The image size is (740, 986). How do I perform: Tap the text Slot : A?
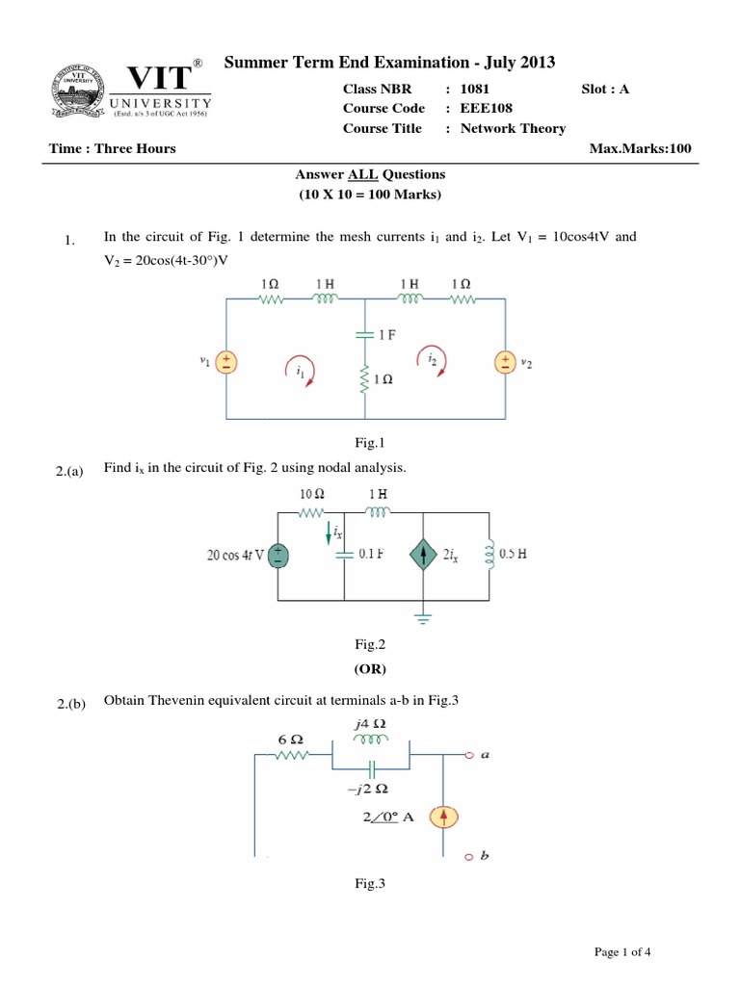(x=605, y=89)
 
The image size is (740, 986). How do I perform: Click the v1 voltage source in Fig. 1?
(x=226, y=362)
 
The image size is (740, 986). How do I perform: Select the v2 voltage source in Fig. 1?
(x=505, y=362)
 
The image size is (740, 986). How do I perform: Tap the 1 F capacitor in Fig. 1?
(x=365, y=334)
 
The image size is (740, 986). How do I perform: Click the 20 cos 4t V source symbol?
(x=277, y=556)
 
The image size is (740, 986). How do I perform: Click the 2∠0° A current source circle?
(x=443, y=817)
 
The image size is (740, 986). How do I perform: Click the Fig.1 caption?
(x=369, y=443)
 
